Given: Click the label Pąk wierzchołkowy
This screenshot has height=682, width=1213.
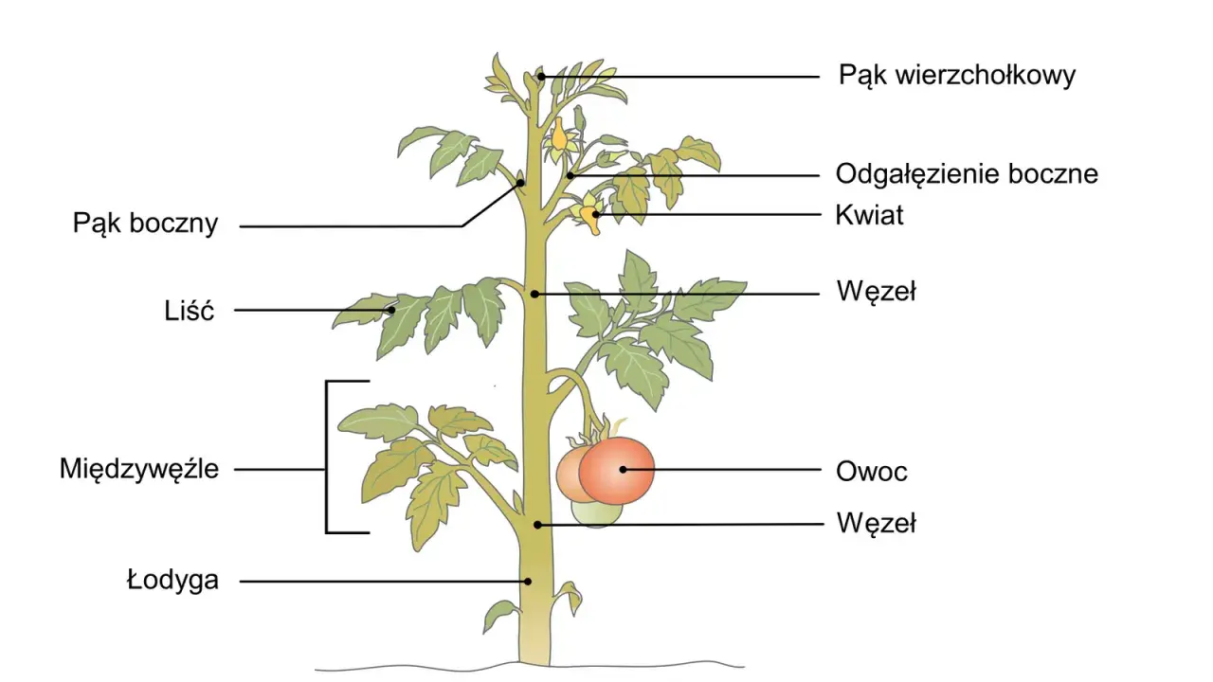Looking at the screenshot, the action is point(957,76).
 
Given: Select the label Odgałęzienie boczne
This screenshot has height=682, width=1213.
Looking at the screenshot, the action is point(967,174).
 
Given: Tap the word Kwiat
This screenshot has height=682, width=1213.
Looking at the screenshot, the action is point(869,215).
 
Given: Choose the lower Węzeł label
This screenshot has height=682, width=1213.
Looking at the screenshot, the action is point(877,524).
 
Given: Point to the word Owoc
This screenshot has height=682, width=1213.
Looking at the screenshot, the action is point(871,472).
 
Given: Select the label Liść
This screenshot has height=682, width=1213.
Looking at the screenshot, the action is point(189,310).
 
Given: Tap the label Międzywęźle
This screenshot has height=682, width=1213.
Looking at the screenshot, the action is point(139,469).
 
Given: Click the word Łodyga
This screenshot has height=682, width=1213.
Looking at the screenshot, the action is point(172,581).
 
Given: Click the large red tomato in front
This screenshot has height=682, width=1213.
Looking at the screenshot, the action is point(616,471).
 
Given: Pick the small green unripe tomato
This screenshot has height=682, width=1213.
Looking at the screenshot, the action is point(597,513).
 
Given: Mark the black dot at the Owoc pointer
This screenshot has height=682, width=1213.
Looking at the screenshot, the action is point(624,470).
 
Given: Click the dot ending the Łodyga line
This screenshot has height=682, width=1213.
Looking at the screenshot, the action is point(528,582).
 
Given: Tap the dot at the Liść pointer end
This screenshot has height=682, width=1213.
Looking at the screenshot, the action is point(391,310).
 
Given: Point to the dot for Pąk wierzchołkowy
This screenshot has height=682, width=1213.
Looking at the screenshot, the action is point(541,77).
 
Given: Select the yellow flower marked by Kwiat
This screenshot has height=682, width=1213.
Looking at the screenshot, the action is point(590,214).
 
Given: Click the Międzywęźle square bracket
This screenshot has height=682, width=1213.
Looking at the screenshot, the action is point(326,458).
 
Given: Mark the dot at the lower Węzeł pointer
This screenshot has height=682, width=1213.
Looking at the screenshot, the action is point(537,525).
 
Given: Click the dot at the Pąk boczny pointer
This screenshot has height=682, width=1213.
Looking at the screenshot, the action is point(520,183).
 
